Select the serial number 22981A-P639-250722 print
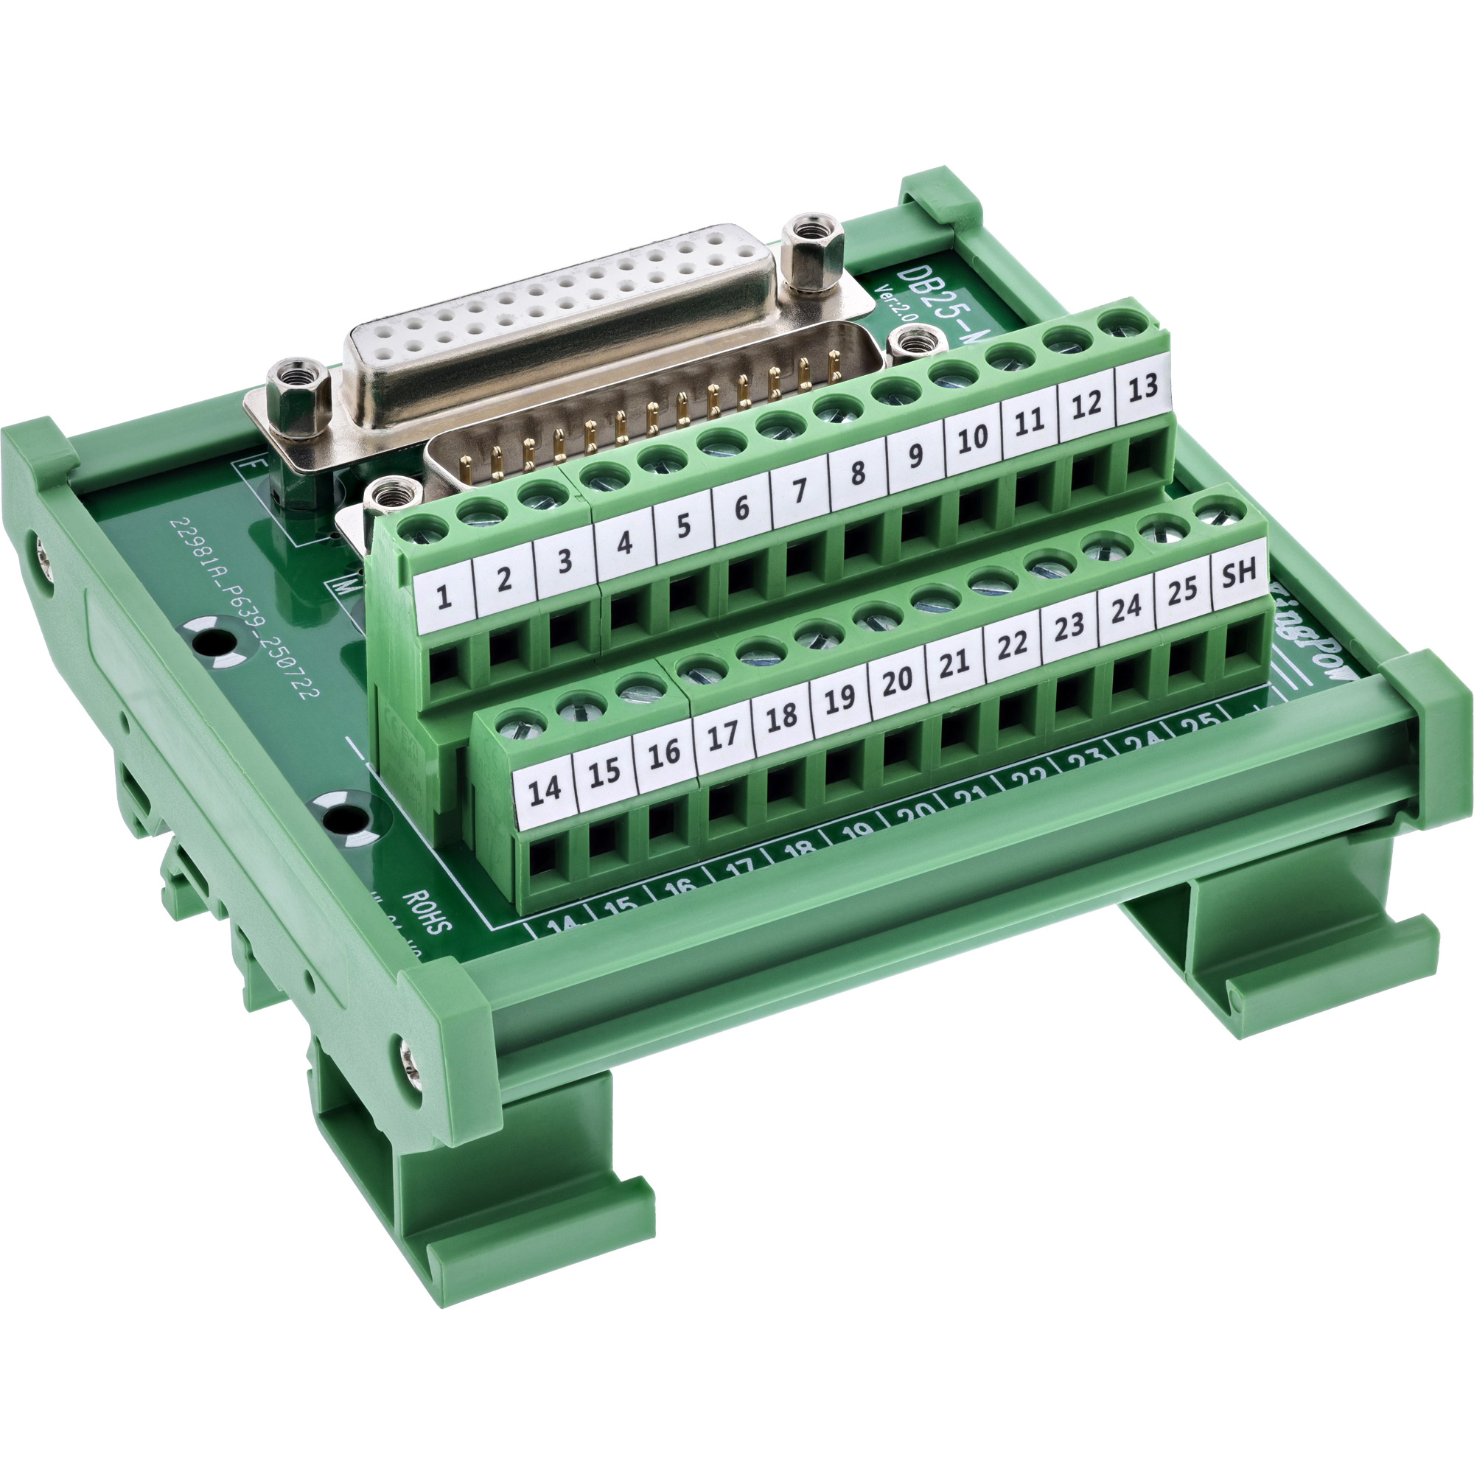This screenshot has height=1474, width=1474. click(245, 607)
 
